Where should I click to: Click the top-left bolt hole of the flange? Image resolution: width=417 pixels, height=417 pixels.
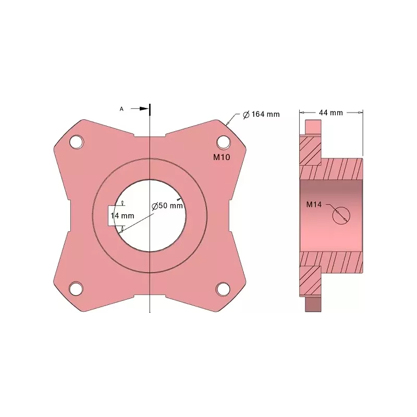click(x=77, y=142)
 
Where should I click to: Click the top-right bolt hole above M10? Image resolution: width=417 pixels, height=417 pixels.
click(x=224, y=142)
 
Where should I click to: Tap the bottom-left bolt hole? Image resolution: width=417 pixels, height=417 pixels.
click(x=76, y=289)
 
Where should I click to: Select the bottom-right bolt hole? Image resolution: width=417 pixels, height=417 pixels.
click(x=223, y=289)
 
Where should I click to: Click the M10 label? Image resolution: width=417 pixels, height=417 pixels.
click(x=222, y=157)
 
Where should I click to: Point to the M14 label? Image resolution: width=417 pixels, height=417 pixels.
click(x=314, y=204)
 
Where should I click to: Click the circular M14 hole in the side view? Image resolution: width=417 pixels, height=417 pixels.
click(x=341, y=215)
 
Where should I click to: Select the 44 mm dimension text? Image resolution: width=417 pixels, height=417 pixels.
click(x=331, y=113)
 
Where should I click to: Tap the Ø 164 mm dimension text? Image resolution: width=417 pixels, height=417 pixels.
click(x=262, y=114)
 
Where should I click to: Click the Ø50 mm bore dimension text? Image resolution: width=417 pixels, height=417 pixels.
click(x=167, y=205)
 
